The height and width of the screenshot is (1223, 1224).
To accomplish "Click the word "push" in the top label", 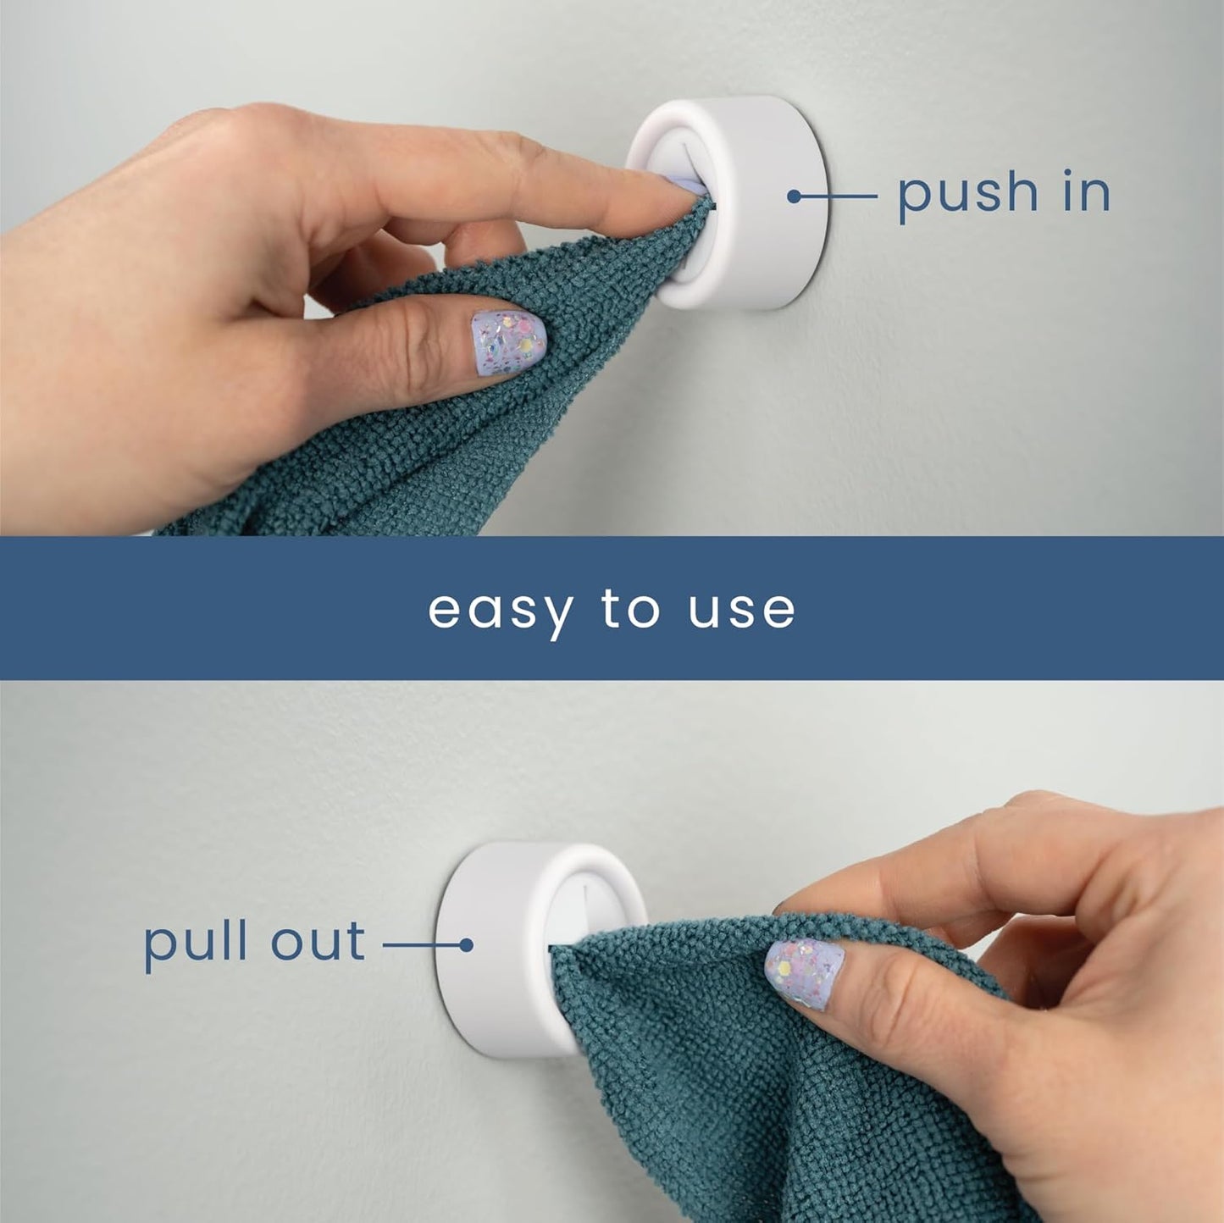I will click(x=966, y=195).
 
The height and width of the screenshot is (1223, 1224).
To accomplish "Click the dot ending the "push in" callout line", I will click(x=794, y=196).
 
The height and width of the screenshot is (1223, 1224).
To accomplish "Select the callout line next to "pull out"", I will click(x=419, y=944).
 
